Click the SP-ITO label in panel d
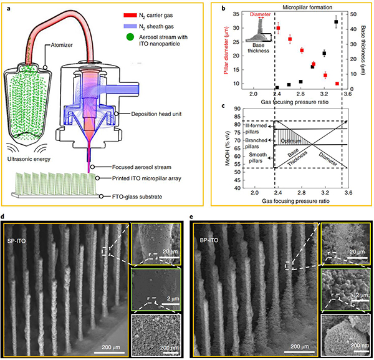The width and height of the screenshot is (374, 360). [19, 241]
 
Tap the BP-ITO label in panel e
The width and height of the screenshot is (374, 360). [208, 240]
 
